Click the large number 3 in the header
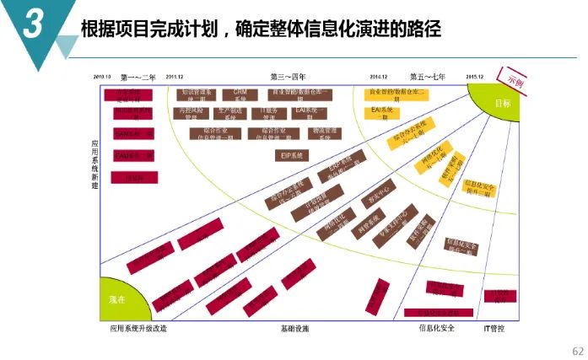[33, 26]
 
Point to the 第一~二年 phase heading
[138, 77]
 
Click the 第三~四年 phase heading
[288, 77]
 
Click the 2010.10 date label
[104, 77]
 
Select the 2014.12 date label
[378, 77]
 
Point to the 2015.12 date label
[474, 77]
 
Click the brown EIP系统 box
[292, 155]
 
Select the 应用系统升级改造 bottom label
[138, 328]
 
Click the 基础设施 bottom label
[294, 328]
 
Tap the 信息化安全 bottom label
[436, 328]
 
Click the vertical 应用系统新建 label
[94, 164]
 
